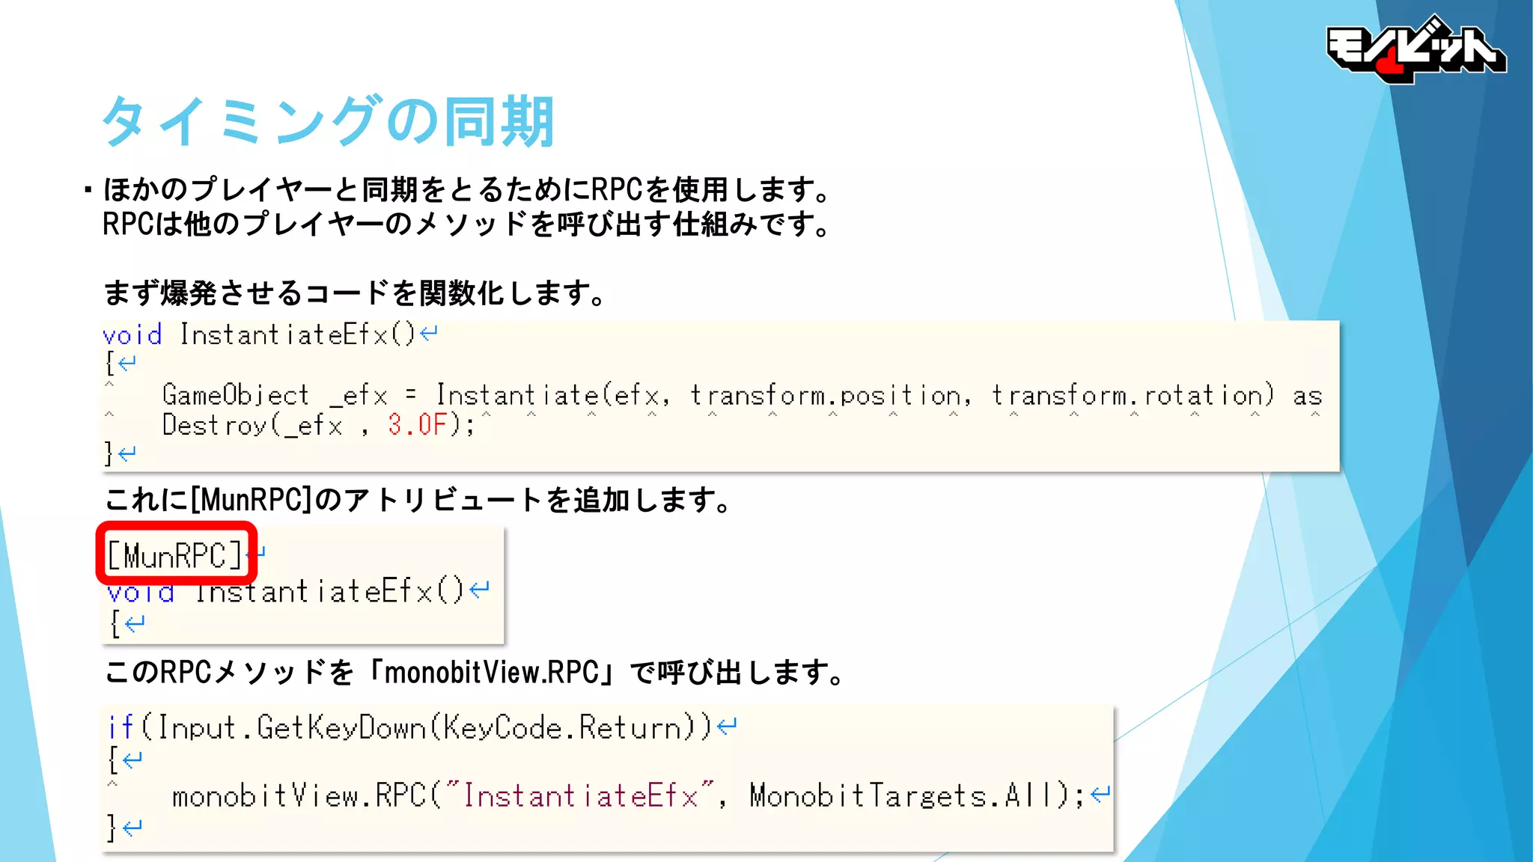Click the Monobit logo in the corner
1415,49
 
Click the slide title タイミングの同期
328,121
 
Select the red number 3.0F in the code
417,425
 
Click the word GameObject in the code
235,395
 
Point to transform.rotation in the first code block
1133,395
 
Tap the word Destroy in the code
214,425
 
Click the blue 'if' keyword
120,727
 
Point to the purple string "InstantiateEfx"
581,795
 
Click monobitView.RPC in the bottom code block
299,795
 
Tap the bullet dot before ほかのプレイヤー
88,190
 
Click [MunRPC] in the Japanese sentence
251,500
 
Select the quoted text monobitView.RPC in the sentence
492,673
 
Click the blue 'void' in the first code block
132,334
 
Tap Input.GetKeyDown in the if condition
292,727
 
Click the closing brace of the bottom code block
112,828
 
